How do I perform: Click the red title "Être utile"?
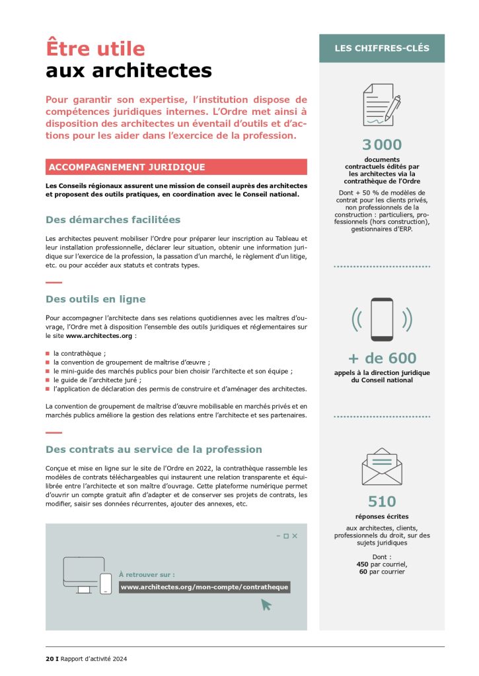[95, 48]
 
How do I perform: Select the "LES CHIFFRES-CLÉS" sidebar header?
[381, 48]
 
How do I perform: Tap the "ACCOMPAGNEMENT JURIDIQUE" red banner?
[126, 167]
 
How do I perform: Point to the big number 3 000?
[381, 145]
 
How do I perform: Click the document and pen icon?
[381, 104]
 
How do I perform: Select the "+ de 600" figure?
[382, 358]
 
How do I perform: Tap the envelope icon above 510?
[382, 466]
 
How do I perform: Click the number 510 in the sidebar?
[382, 502]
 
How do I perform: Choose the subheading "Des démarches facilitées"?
[113, 219]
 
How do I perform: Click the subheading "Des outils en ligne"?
[96, 299]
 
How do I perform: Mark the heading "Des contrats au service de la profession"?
[154, 450]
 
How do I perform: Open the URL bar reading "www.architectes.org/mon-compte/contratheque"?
[204, 587]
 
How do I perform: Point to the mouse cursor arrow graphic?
[266, 605]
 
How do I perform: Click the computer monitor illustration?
[83, 573]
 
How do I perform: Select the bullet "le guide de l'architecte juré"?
[98, 380]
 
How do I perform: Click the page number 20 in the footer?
[50, 658]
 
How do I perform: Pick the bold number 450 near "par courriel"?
[363, 564]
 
